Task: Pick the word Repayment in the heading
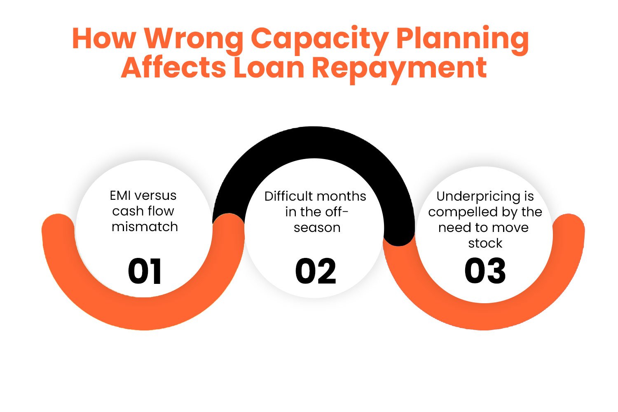[399, 68]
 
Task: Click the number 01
[145, 272]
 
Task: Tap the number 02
[316, 272]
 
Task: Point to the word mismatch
[145, 227]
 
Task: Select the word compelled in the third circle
[462, 213]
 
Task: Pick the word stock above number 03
[485, 243]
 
